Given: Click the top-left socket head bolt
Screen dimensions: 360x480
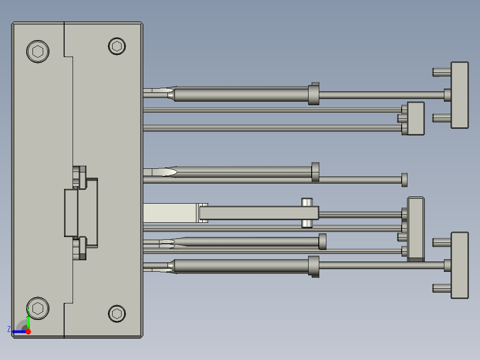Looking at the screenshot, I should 37,51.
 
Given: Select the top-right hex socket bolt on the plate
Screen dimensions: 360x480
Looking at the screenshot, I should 117,46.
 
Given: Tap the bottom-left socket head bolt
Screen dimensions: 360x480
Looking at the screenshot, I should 37,308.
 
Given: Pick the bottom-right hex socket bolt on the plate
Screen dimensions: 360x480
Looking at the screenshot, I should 117,313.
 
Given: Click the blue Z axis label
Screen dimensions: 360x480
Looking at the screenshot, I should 9,329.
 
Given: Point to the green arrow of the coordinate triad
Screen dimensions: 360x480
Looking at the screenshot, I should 28,321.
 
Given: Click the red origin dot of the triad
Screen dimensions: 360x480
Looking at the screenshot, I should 28,331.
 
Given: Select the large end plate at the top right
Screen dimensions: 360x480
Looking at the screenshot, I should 460,95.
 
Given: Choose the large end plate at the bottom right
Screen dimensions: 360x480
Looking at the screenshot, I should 460,265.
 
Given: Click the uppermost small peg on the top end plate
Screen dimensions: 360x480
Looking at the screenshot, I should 441,71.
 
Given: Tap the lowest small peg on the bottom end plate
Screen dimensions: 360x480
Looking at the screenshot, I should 441,288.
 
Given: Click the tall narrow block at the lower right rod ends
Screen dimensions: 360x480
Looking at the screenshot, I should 416,228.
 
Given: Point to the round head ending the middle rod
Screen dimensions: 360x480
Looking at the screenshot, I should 404,180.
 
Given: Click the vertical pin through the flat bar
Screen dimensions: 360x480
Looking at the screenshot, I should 307,213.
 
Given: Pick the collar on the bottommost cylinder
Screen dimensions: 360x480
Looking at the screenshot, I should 314,266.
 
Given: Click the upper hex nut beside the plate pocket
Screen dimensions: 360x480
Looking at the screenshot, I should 80,176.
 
